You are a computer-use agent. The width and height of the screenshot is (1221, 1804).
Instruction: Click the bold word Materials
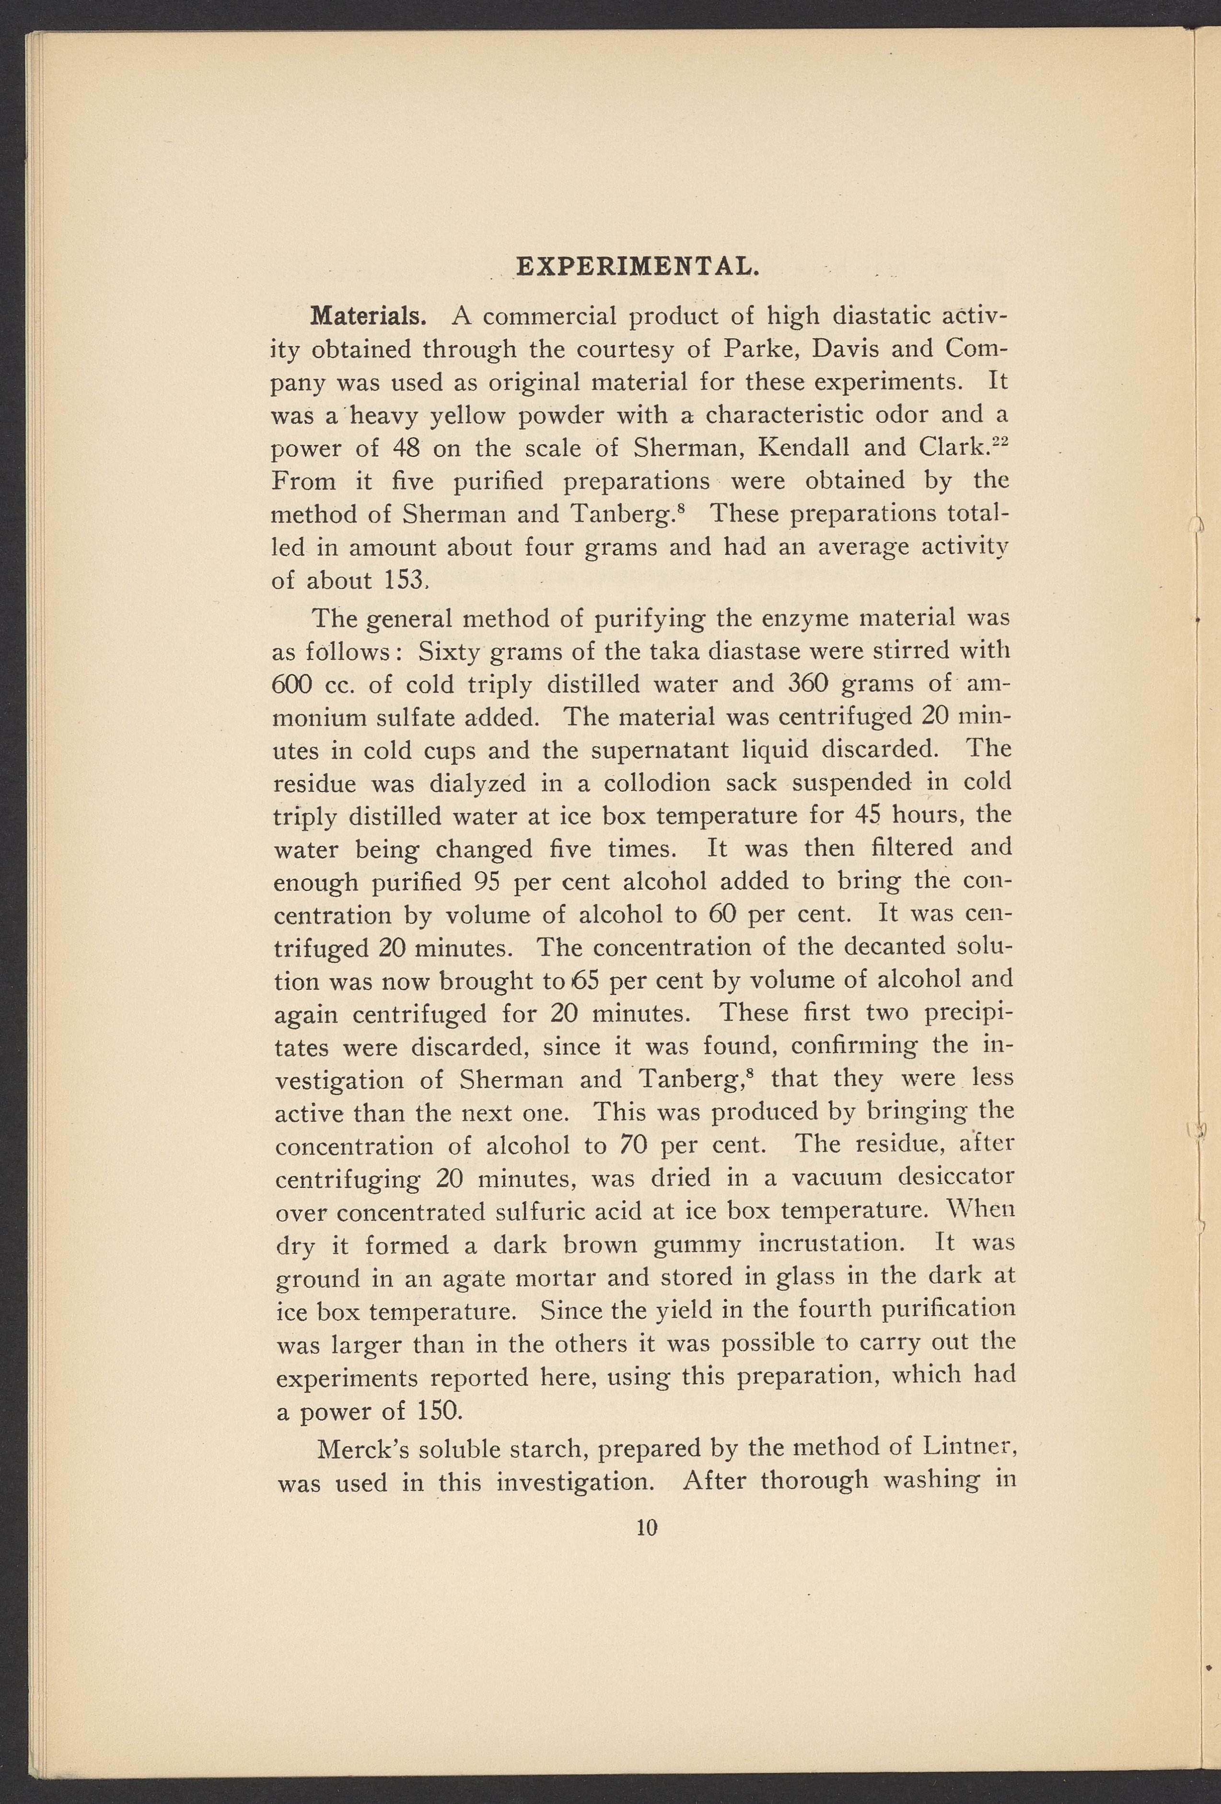368,317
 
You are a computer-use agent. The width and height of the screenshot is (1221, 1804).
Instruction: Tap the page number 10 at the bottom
647,1528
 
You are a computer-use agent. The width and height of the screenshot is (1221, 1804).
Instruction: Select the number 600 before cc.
292,685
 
